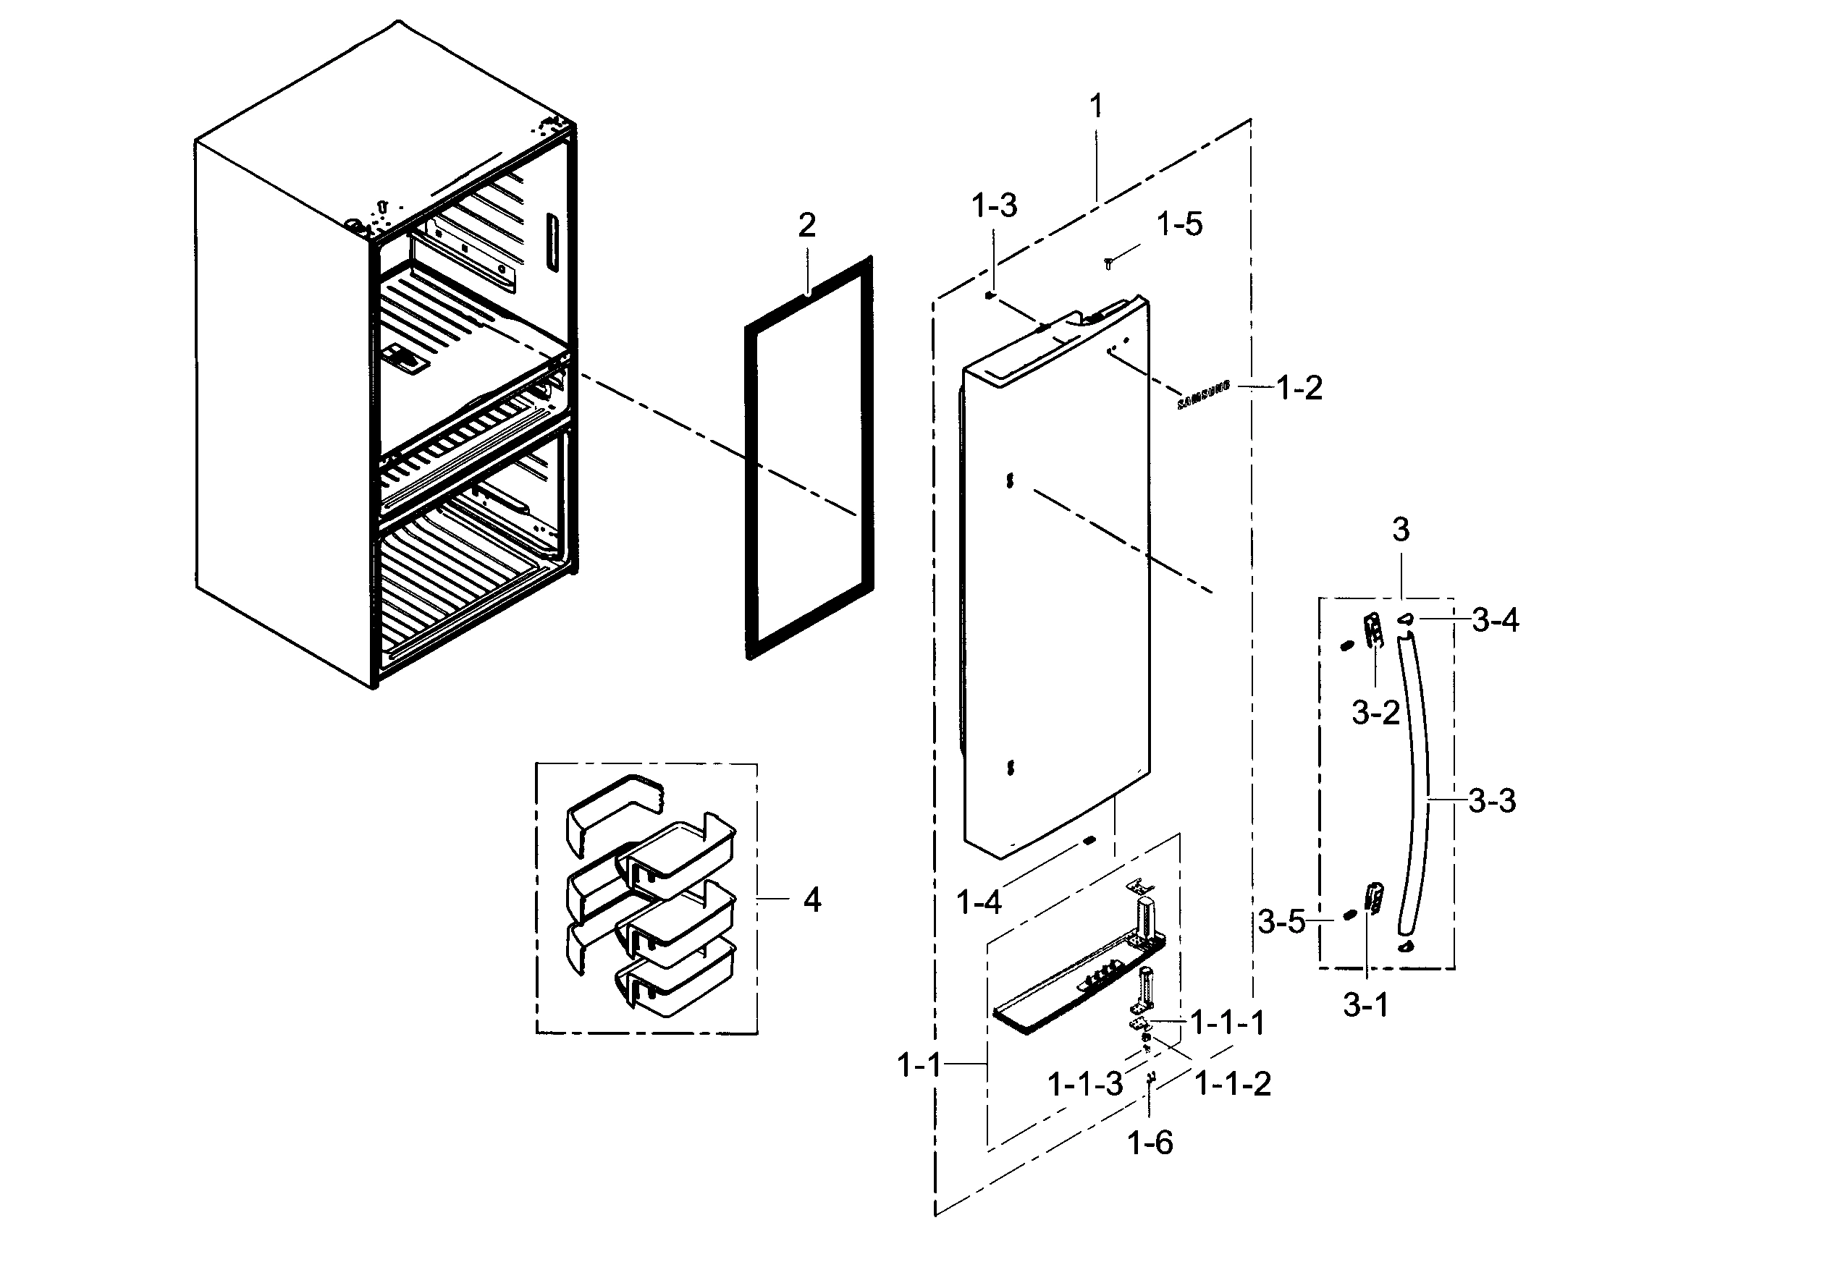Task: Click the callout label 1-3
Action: point(994,206)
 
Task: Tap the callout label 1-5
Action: point(1179,224)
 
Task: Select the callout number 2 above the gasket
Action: point(806,226)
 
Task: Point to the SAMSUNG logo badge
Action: point(1204,394)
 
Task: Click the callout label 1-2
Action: point(1299,389)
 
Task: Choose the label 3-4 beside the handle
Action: point(1495,621)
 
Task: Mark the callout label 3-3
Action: point(1493,802)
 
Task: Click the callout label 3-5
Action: point(1281,921)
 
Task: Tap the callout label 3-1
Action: point(1366,1005)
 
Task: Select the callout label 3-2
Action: point(1375,713)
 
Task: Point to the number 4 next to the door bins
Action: point(812,900)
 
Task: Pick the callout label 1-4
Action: point(978,902)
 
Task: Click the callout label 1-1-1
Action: point(1228,1023)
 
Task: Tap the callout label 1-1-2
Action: point(1232,1083)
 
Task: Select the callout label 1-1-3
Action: point(1085,1084)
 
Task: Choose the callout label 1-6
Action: point(1150,1143)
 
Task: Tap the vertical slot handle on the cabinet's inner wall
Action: point(551,242)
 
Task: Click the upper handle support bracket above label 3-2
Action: point(1374,630)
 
